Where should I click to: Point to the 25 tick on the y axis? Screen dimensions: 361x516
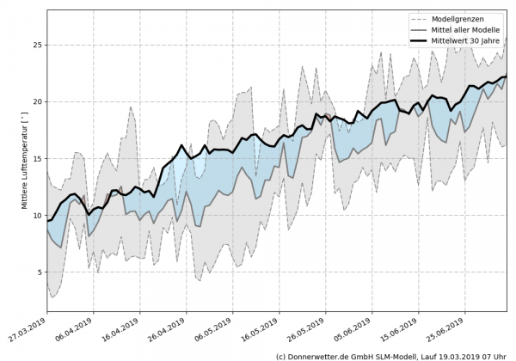36,45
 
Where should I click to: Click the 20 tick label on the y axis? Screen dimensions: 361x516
36,101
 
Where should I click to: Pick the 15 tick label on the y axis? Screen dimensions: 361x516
36,158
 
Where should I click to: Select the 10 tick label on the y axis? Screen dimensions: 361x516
36,215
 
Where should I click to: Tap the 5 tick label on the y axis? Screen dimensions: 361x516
39,272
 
